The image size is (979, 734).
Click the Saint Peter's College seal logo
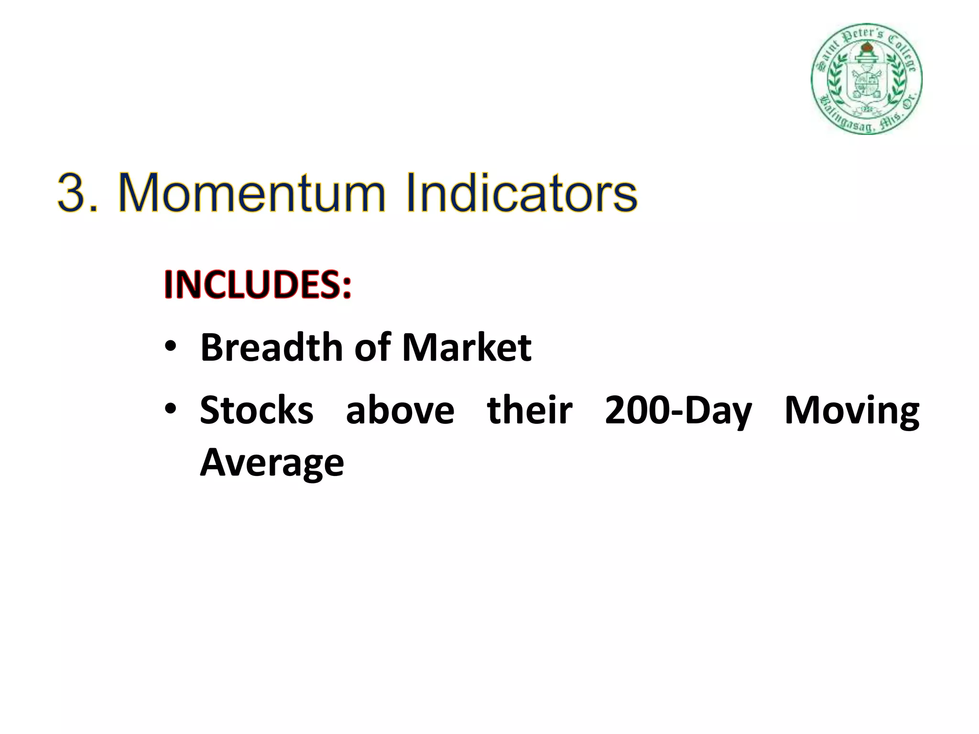point(867,79)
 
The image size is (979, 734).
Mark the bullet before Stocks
point(171,409)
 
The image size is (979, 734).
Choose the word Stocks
point(257,410)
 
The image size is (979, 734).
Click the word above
point(400,410)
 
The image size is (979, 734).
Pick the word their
point(530,410)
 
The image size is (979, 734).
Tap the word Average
point(272,463)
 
